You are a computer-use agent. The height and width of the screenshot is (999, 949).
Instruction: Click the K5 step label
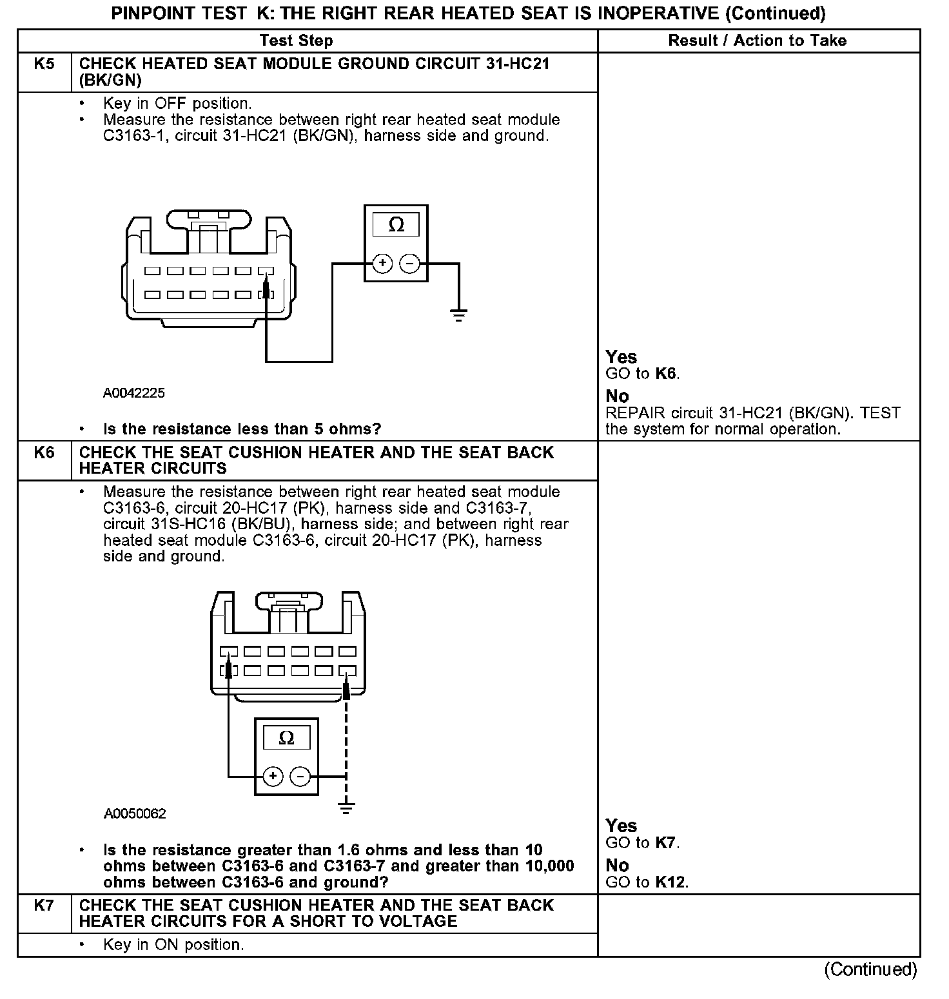pos(44,64)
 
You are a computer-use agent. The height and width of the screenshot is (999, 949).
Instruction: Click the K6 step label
pos(44,452)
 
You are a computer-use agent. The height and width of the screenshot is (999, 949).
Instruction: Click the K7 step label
pos(44,906)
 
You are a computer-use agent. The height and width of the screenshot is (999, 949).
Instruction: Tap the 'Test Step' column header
pos(296,41)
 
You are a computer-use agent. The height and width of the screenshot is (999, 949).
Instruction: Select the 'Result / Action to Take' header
pos(757,41)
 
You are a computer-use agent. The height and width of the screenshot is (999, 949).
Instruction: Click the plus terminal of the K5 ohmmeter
pos(383,263)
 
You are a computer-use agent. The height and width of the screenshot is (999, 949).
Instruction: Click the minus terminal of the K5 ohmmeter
pos(410,263)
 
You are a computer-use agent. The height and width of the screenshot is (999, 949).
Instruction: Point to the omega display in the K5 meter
pos(396,225)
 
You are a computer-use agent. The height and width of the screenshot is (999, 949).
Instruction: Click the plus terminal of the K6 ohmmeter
pos(273,776)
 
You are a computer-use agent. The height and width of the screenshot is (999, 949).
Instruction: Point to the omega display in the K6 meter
pos(287,738)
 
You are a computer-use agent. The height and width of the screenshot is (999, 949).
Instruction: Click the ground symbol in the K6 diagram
pos(346,808)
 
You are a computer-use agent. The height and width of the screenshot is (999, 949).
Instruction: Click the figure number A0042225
pos(134,393)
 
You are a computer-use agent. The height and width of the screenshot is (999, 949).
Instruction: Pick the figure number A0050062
pos(135,814)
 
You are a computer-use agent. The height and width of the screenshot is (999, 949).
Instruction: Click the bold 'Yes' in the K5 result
pos(621,357)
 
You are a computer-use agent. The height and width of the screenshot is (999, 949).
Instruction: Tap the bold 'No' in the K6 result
pos(617,865)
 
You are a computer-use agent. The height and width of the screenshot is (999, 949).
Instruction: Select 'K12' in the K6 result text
pos(671,882)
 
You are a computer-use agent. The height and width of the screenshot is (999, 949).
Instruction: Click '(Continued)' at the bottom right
pos(870,969)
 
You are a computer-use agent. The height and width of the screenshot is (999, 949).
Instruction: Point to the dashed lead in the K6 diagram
pos(346,741)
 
